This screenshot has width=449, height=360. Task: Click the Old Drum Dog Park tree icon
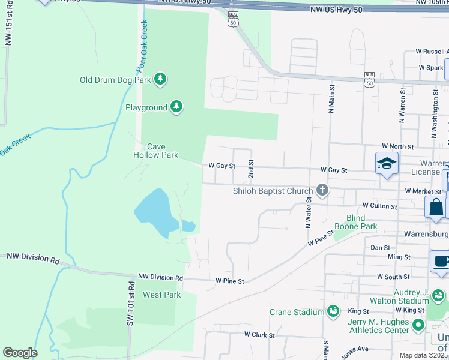pos(160,79)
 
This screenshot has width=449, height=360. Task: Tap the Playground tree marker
pos(176,107)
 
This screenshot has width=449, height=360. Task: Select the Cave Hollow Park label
pos(155,151)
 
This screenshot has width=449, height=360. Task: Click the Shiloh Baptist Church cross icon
pos(322,191)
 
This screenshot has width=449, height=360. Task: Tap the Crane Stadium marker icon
pos(333,311)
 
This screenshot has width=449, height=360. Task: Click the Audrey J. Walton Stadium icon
pos(438,296)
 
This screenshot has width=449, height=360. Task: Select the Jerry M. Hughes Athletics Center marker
pos(418,326)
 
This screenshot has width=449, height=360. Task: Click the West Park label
pos(161,295)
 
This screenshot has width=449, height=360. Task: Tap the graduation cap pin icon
pos(387,163)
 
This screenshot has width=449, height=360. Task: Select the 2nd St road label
pos(252,169)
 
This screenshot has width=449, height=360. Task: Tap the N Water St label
pos(308,213)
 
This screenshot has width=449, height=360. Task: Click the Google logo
pos(20,353)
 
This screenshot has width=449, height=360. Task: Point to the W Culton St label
pos(376,206)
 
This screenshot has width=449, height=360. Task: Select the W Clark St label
pos(259,334)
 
